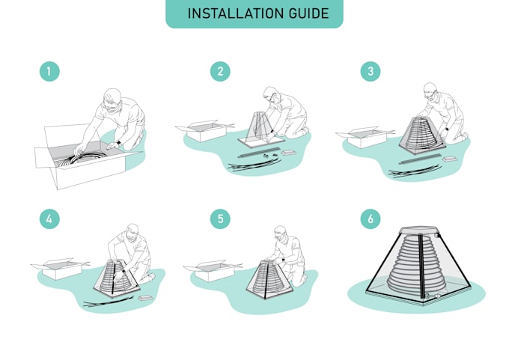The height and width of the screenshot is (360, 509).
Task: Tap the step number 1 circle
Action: (x=49, y=72)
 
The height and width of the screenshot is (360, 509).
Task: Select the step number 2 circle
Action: (x=220, y=72)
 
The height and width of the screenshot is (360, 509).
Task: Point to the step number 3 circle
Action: (x=370, y=72)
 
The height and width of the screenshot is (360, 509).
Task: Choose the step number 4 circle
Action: (x=49, y=219)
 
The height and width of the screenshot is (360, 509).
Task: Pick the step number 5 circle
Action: (x=220, y=219)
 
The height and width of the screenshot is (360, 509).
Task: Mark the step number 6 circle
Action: (x=370, y=219)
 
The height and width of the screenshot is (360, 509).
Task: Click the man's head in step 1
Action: (x=111, y=100)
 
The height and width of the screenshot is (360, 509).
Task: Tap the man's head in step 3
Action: (x=430, y=93)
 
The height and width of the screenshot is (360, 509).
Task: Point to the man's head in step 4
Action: (x=132, y=232)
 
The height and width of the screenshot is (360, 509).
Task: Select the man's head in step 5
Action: (x=281, y=234)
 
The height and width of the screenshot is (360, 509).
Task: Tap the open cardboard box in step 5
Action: (x=213, y=269)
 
